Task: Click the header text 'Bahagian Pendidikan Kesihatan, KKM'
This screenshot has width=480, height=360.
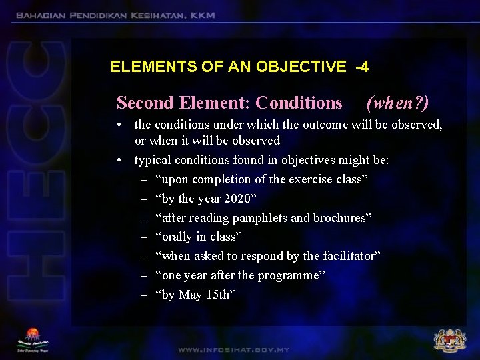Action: (x=115, y=15)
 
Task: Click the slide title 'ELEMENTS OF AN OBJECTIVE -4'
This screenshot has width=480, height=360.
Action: (x=239, y=67)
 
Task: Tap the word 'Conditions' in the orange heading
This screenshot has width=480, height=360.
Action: (x=299, y=103)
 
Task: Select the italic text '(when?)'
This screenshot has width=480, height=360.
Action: (x=397, y=103)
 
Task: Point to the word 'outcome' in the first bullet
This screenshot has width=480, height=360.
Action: (x=326, y=125)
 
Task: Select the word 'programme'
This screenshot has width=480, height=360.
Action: (x=289, y=275)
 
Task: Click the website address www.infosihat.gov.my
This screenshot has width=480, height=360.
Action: (x=233, y=349)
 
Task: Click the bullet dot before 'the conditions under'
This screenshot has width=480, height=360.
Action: (x=117, y=125)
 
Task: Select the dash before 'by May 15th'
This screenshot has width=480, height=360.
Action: (x=144, y=295)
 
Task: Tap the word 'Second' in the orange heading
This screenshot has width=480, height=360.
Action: (x=145, y=103)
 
